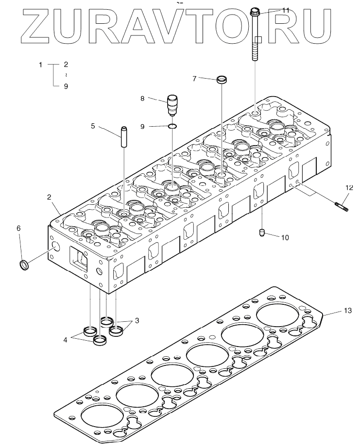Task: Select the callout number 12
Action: pos(349,187)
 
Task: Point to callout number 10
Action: pos(285,237)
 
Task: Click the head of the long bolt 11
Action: pos(256,11)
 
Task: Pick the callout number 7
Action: pos(194,79)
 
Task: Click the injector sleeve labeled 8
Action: pos(172,103)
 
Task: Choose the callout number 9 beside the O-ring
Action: pos(142,126)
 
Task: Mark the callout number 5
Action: pos(92,126)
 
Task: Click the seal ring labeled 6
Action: pos(23,265)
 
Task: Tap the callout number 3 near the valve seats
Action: pos(137,320)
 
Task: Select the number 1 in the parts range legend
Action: pos(41,65)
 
